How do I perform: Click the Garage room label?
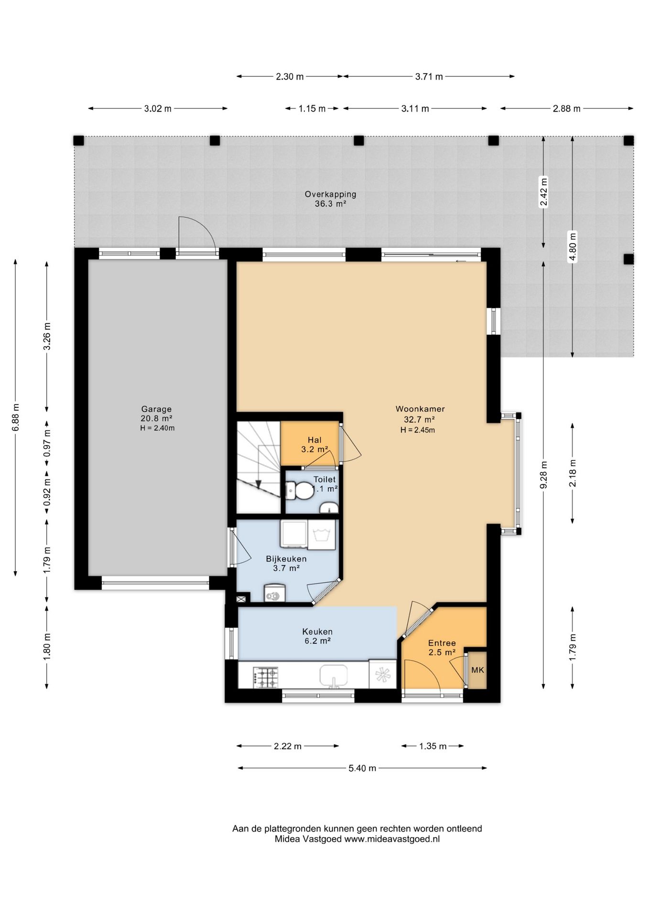coord(156,409)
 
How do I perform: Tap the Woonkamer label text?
coord(420,409)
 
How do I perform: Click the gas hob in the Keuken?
coord(266,677)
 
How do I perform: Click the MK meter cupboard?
coord(477,670)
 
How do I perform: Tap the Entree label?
coord(442,643)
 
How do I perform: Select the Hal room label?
coord(314,440)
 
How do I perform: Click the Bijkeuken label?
coord(286,559)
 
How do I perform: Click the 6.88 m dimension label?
coord(15,417)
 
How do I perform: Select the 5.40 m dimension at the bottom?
coord(362,768)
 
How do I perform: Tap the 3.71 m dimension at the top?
coord(429,76)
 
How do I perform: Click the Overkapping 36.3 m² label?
coord(331,199)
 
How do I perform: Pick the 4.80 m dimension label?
coord(573,246)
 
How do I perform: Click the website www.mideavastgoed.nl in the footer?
coord(392,839)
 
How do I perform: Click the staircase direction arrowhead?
coord(258,484)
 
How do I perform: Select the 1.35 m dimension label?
coord(433,746)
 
